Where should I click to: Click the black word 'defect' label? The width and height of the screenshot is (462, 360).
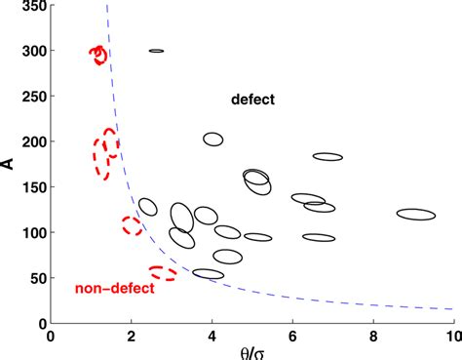pyautogui.click(x=253, y=100)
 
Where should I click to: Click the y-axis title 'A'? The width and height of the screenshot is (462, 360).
pyautogui.click(x=9, y=163)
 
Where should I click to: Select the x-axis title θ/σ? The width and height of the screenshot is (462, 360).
pyautogui.click(x=251, y=350)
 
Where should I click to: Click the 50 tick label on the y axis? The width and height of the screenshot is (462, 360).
pyautogui.click(x=35, y=278)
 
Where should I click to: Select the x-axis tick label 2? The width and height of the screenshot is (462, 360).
pyautogui.click(x=132, y=335)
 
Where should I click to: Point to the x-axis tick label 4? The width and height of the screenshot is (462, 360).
pyautogui.click(x=212, y=335)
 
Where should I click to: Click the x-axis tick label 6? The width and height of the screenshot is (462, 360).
pyautogui.click(x=292, y=335)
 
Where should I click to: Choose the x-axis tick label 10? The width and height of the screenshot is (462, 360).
pyautogui.click(x=451, y=335)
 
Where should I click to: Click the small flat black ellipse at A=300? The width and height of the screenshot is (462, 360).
pyautogui.click(x=156, y=51)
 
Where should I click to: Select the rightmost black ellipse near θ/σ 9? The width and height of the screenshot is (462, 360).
pyautogui.click(x=416, y=215)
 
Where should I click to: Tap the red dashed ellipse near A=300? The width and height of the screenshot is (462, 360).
pyautogui.click(x=97, y=54)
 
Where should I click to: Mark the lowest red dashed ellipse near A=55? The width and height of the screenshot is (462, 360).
pyautogui.click(x=163, y=272)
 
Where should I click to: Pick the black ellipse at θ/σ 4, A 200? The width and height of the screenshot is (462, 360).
pyautogui.click(x=213, y=140)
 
